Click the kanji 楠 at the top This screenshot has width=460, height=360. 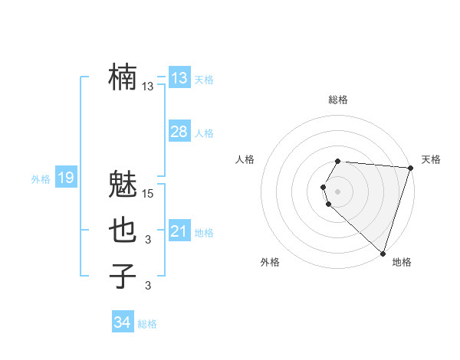coord(123,77)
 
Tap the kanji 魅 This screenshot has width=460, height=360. coord(123,185)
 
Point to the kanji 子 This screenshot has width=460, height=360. coord(123,276)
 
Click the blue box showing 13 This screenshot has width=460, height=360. coord(179,78)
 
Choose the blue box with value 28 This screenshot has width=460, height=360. coord(179,132)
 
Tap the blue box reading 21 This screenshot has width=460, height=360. coord(179,231)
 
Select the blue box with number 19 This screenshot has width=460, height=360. coord(66,178)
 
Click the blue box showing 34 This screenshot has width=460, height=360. coord(122,322)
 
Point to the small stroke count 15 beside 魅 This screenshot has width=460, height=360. coord(149,195)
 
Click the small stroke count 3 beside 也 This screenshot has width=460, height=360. coord(149,241)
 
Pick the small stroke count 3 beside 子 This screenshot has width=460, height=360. coord(149,286)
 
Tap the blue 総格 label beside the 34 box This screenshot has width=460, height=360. coord(147,324)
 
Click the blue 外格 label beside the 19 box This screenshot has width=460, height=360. coord(41,179)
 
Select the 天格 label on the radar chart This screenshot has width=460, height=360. coord(431,159)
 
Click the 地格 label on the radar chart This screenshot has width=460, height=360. coord(402,262)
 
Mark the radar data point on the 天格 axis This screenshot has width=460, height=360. coord(410,168)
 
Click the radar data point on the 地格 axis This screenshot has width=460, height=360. coord(383,254)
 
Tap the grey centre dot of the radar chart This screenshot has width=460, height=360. coord(338,191)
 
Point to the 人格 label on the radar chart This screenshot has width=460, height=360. coord(245,159)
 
